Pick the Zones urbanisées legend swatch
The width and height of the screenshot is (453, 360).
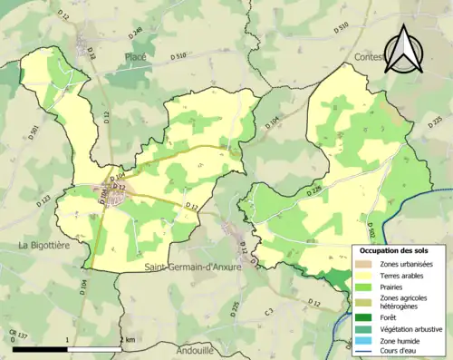(x=364, y=263)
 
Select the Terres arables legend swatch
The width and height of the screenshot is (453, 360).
(x=364, y=276)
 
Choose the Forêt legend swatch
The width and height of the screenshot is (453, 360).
(x=364, y=318)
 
